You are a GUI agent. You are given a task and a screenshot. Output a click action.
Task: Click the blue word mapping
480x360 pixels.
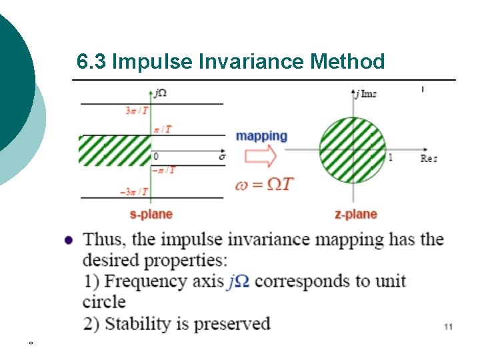pos(261,136)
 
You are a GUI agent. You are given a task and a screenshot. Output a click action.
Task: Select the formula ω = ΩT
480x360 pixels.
pos(264,184)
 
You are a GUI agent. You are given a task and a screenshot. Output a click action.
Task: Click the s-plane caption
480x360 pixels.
pos(151,214)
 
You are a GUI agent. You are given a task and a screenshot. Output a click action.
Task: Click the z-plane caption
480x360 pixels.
pos(355,214)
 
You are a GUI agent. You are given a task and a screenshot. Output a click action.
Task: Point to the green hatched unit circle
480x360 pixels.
pos(353,150)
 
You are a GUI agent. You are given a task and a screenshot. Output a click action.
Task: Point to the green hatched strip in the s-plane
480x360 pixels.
pos(115,150)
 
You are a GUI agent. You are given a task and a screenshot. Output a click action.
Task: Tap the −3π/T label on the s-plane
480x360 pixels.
pos(133,192)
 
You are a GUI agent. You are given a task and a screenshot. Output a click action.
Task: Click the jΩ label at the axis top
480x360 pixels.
pos(160,93)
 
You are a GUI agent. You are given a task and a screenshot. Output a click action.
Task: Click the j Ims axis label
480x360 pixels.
pos(366,93)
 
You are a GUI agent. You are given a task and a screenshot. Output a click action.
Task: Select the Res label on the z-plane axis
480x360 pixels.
pos(429,159)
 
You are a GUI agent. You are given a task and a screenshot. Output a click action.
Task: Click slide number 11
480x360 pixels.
pos(448,327)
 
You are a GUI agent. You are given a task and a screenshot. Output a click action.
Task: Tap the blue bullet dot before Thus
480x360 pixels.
pos(69,240)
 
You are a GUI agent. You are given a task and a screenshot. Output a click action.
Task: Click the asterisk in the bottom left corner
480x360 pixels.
pos(31,343)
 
